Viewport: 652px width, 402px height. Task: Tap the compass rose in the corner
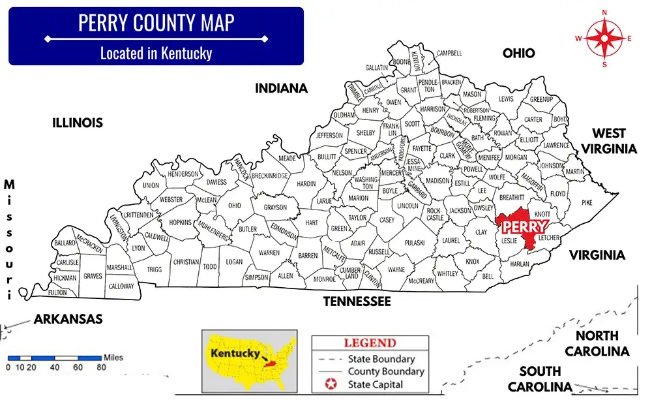604,38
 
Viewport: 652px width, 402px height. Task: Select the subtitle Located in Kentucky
156,53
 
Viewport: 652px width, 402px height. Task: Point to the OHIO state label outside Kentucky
518,54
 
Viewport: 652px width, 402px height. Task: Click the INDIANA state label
281,88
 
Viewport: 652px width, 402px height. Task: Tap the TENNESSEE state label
358,301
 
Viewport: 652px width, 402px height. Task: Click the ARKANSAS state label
68,319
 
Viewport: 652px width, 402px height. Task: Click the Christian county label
186,262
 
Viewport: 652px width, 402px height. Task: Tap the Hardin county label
306,184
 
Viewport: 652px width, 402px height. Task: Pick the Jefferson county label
329,136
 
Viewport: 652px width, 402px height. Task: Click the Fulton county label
57,292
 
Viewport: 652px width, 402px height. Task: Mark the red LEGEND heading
369,343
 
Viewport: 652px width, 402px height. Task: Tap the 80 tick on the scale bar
101,367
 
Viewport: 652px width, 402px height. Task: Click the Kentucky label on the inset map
233,352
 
